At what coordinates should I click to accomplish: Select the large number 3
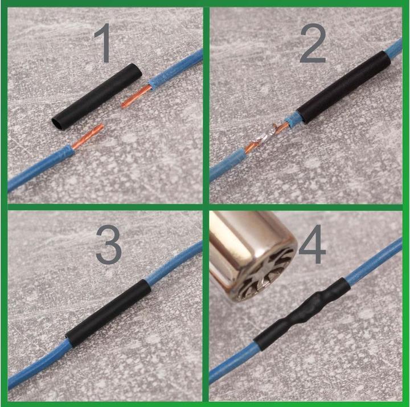108,245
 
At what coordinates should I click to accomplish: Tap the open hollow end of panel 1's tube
58,121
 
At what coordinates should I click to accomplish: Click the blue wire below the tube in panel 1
40,168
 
